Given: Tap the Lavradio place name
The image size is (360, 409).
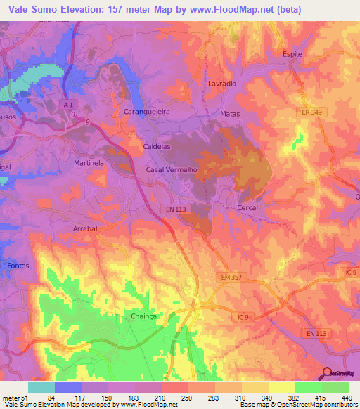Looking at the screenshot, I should tap(222, 83).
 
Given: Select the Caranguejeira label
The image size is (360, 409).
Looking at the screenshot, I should tap(148, 111).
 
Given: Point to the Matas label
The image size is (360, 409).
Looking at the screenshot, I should tap(230, 114).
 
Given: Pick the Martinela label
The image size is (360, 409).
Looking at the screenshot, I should tap(89, 162).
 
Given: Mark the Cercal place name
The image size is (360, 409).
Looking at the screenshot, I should tap(247, 207).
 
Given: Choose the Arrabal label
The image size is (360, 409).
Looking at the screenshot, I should tap(86, 228).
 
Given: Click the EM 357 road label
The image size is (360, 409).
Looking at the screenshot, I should tap(228, 279).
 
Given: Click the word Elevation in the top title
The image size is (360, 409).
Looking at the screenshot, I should tap(85, 10).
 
